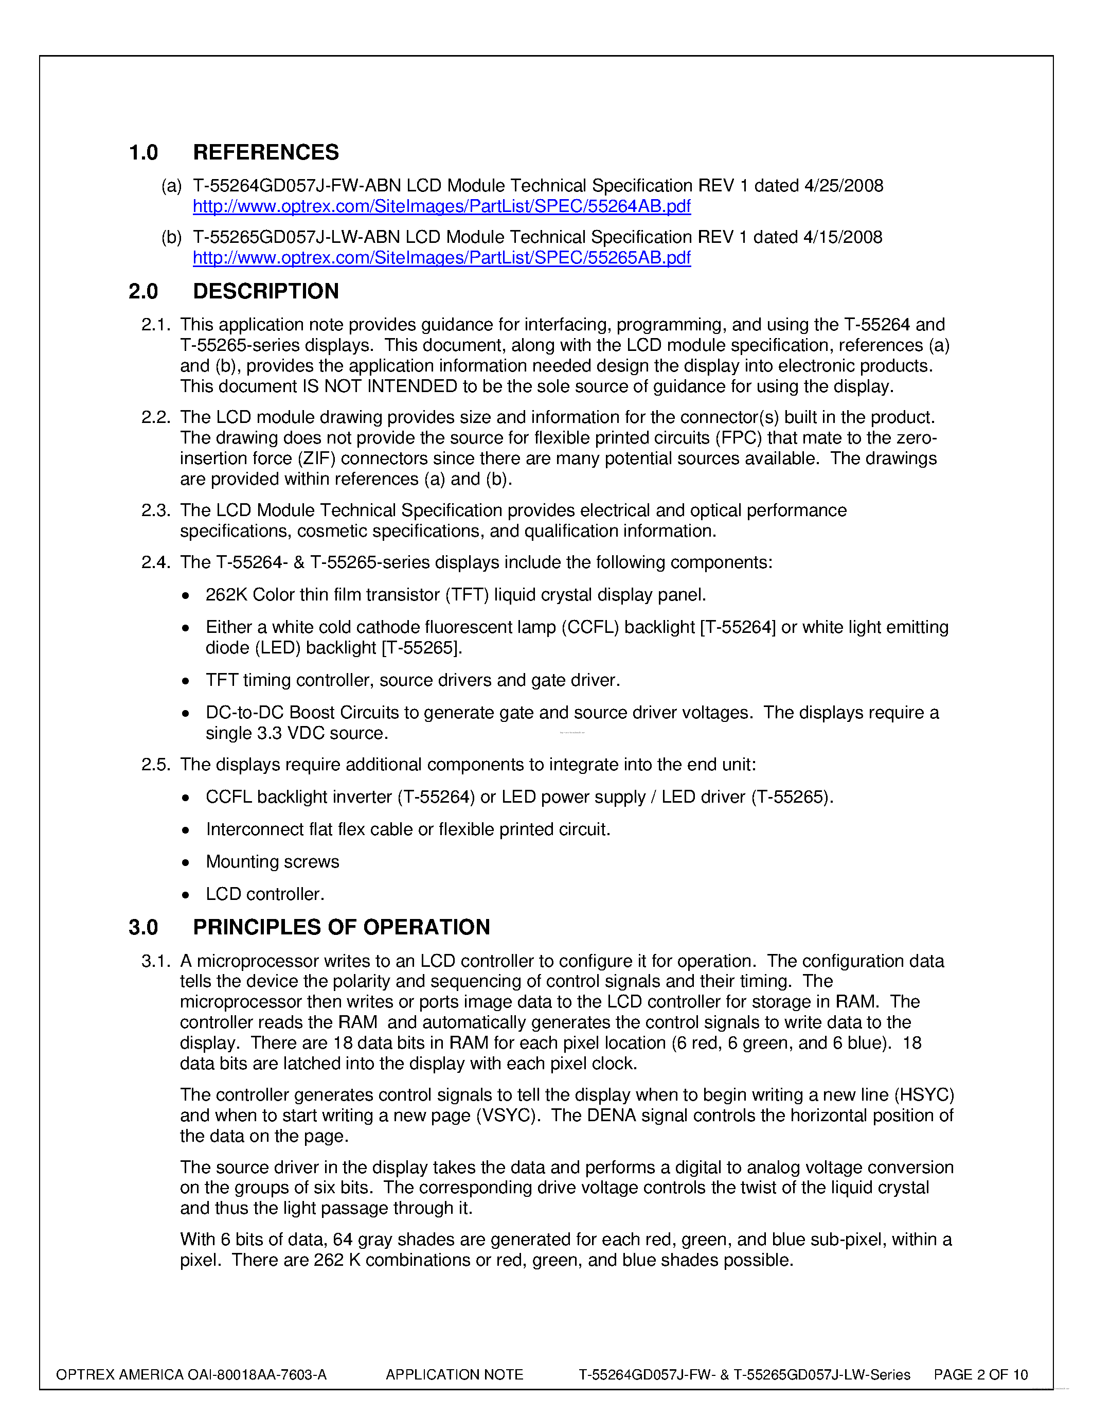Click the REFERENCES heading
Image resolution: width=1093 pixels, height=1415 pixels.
[x=265, y=152]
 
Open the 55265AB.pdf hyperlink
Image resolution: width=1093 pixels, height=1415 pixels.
[x=442, y=258]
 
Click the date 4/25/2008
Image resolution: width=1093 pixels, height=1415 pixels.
[x=843, y=186]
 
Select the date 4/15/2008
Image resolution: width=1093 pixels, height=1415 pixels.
[x=843, y=237]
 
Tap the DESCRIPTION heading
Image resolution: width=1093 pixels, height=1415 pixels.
[x=265, y=292]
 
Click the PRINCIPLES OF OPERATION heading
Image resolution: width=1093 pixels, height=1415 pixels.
[x=341, y=927]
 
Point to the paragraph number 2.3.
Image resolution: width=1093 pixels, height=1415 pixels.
[x=155, y=510]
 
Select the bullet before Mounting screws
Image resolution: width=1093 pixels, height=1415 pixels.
[x=186, y=863]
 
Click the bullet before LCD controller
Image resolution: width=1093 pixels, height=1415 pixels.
[x=186, y=895]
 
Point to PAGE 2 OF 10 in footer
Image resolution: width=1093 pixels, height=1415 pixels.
[x=980, y=1375]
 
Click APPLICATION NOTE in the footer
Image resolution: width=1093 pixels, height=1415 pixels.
[x=454, y=1375]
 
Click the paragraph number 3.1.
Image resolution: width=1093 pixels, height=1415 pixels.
[x=155, y=962]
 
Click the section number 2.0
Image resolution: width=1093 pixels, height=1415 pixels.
[x=143, y=292]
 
